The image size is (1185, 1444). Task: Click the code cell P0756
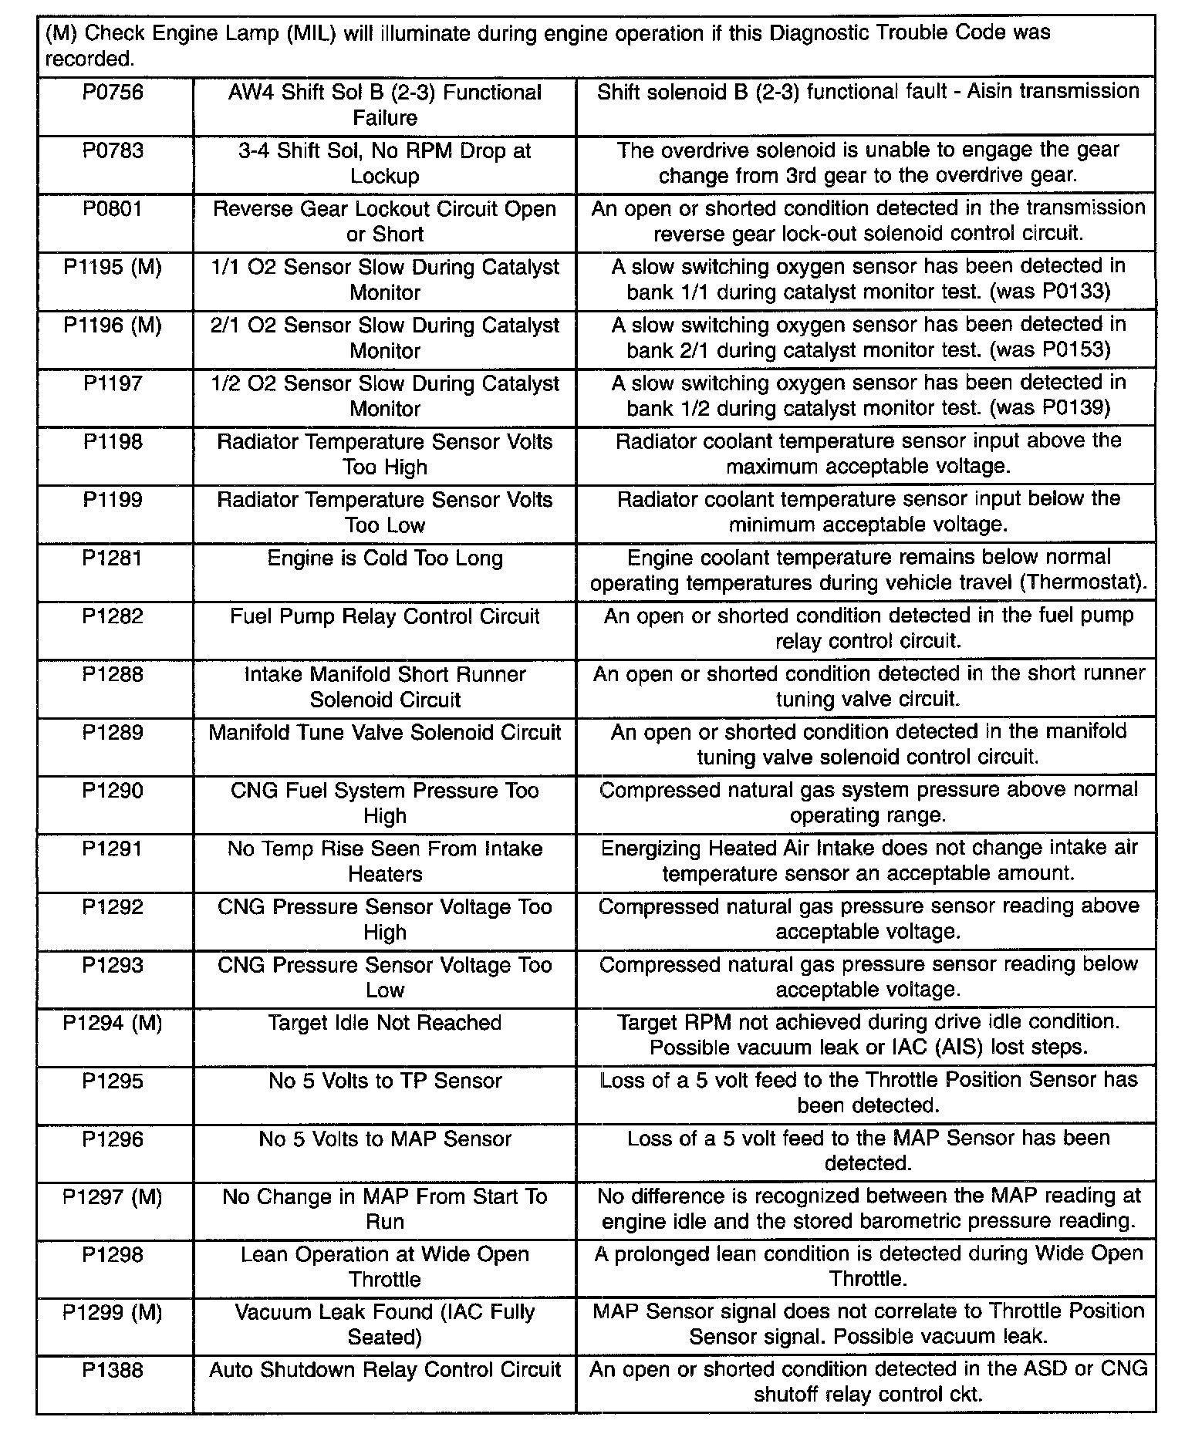[113, 93]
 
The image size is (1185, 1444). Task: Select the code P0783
[113, 151]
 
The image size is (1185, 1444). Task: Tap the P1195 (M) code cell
[113, 268]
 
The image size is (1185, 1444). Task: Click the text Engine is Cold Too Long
[385, 558]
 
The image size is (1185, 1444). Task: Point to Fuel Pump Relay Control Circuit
[385, 617]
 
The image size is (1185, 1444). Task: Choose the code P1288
[113, 675]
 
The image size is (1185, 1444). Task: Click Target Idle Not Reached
[385, 1024]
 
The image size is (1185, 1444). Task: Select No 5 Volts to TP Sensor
[385, 1081]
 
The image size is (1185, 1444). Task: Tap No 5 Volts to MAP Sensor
[385, 1139]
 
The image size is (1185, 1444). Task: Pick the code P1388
[113, 1371]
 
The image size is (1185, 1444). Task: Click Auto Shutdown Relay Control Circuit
[385, 1371]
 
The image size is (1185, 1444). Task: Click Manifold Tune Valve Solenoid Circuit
[385, 733]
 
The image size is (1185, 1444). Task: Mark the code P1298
[113, 1255]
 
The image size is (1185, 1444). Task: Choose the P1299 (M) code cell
[113, 1313]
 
